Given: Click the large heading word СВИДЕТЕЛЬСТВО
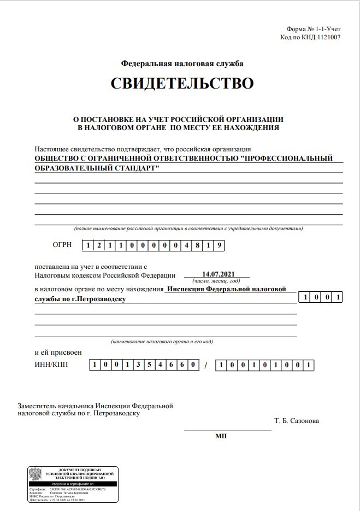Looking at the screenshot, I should pos(182,84).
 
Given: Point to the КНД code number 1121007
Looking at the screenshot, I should pos(326,38).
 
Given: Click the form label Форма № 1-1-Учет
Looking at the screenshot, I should pos(313,29).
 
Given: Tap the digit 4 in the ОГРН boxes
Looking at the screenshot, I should pos(187,245).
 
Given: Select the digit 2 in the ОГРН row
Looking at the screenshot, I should pos(99,245).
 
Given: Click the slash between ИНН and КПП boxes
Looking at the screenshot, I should pos(206,366).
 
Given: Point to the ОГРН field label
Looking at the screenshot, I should pos(62,245).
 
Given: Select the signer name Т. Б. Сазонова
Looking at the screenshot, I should pos(297,421).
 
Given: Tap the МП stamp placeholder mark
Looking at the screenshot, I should pos(221,436).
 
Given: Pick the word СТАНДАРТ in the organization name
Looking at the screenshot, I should pos(131,168).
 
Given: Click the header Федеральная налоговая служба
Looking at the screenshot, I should pos(182,63).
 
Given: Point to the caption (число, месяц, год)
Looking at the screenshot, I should pos(217,280).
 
